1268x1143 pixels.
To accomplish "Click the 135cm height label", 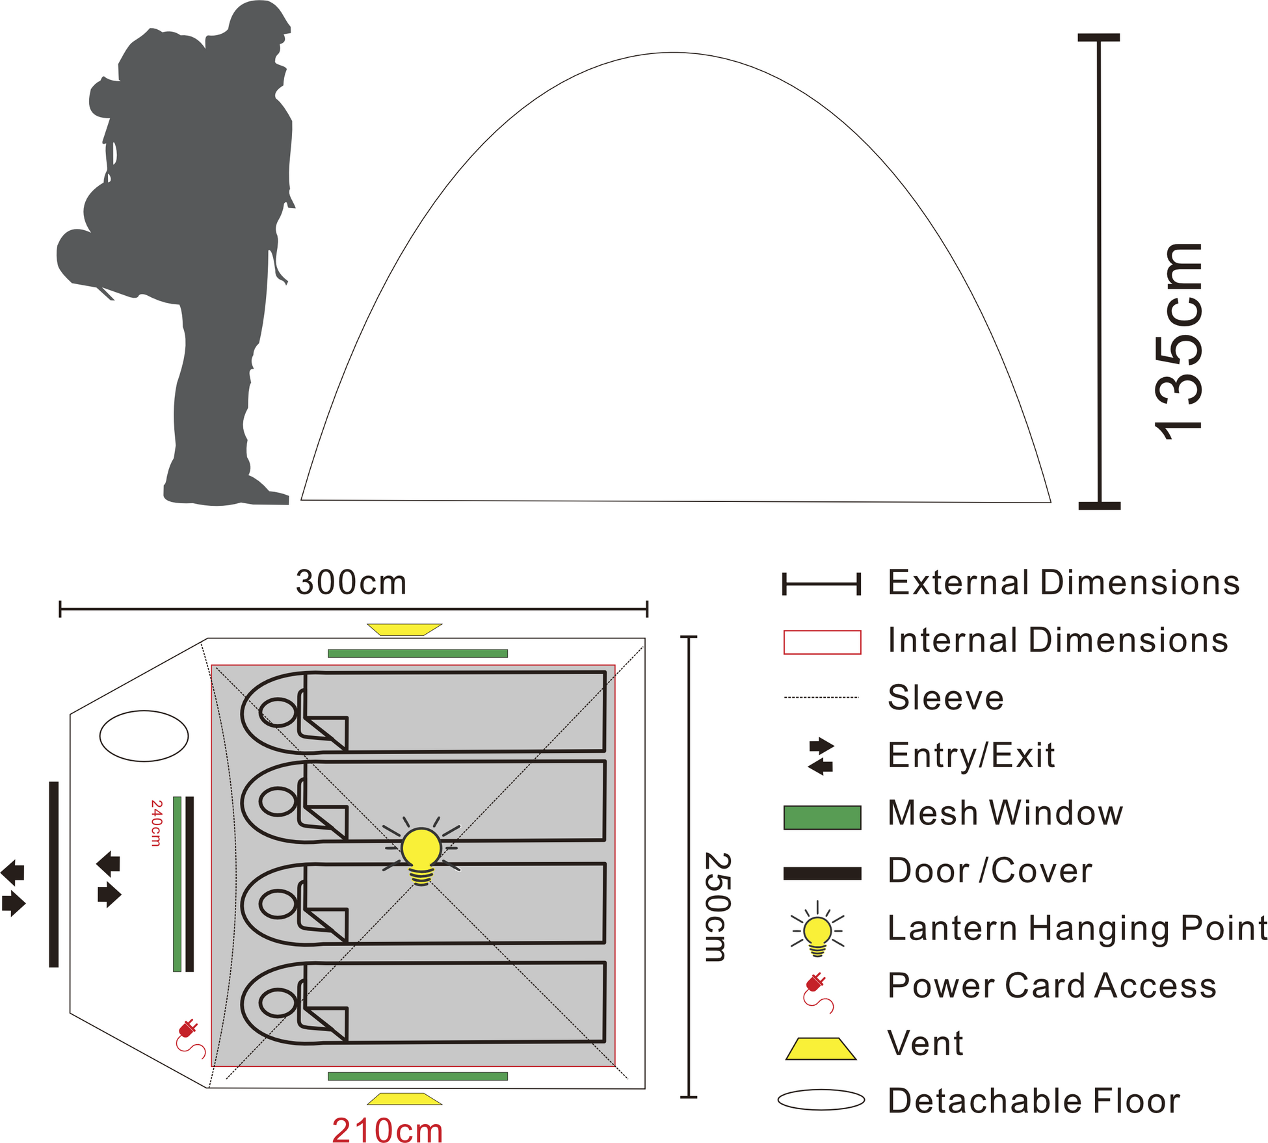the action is (x=1178, y=341).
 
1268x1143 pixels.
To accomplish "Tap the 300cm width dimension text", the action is (x=351, y=583).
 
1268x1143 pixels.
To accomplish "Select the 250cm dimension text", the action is (x=719, y=906).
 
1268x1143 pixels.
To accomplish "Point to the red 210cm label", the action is (x=388, y=1130).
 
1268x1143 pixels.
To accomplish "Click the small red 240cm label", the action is (x=156, y=823).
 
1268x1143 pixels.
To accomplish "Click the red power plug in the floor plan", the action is (x=191, y=1039).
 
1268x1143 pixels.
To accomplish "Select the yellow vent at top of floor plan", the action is (x=404, y=629).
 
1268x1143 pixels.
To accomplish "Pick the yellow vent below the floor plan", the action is (x=404, y=1099).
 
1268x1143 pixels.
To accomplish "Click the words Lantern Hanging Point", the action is (x=1077, y=928).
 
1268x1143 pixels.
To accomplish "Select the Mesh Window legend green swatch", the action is (x=822, y=817).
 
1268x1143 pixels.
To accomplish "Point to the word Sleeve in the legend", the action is (x=945, y=698).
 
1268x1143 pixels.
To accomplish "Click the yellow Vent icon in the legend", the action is (x=821, y=1049).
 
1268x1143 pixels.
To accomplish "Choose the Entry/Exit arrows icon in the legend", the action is (x=821, y=756).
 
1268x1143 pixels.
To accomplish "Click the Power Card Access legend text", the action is (x=1052, y=986).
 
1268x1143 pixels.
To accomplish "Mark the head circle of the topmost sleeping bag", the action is (x=278, y=713).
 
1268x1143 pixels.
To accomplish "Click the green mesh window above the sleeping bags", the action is (x=417, y=653).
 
